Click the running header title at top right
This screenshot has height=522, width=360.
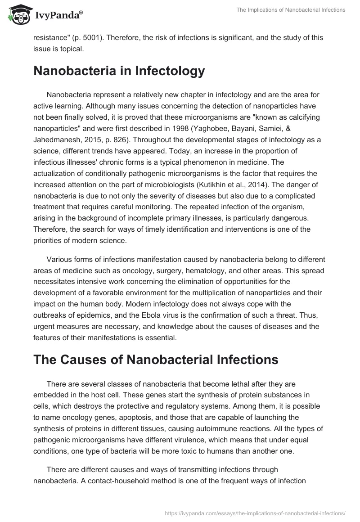tap(291, 10)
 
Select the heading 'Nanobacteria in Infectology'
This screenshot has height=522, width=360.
tap(119, 71)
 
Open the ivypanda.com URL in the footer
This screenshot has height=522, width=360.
tap(254, 513)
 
